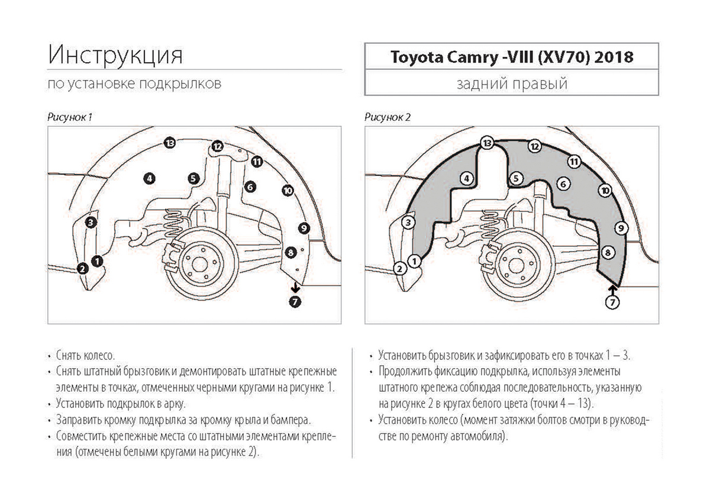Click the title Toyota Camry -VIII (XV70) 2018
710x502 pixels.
511,57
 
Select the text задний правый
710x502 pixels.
512,83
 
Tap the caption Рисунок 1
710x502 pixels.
69,117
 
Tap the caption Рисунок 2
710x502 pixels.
388,117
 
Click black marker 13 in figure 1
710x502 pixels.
170,143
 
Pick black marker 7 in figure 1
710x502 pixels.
296,302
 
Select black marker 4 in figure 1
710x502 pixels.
149,178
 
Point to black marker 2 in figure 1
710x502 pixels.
83,269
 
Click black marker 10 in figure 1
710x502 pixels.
288,190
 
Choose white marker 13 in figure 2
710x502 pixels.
488,143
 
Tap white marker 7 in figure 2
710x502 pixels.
613,302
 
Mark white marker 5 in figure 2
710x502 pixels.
516,178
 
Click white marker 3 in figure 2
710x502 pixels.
408,223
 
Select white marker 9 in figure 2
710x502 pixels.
621,227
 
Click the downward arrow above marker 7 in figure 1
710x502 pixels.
295,288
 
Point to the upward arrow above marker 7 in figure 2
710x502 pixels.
613,288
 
